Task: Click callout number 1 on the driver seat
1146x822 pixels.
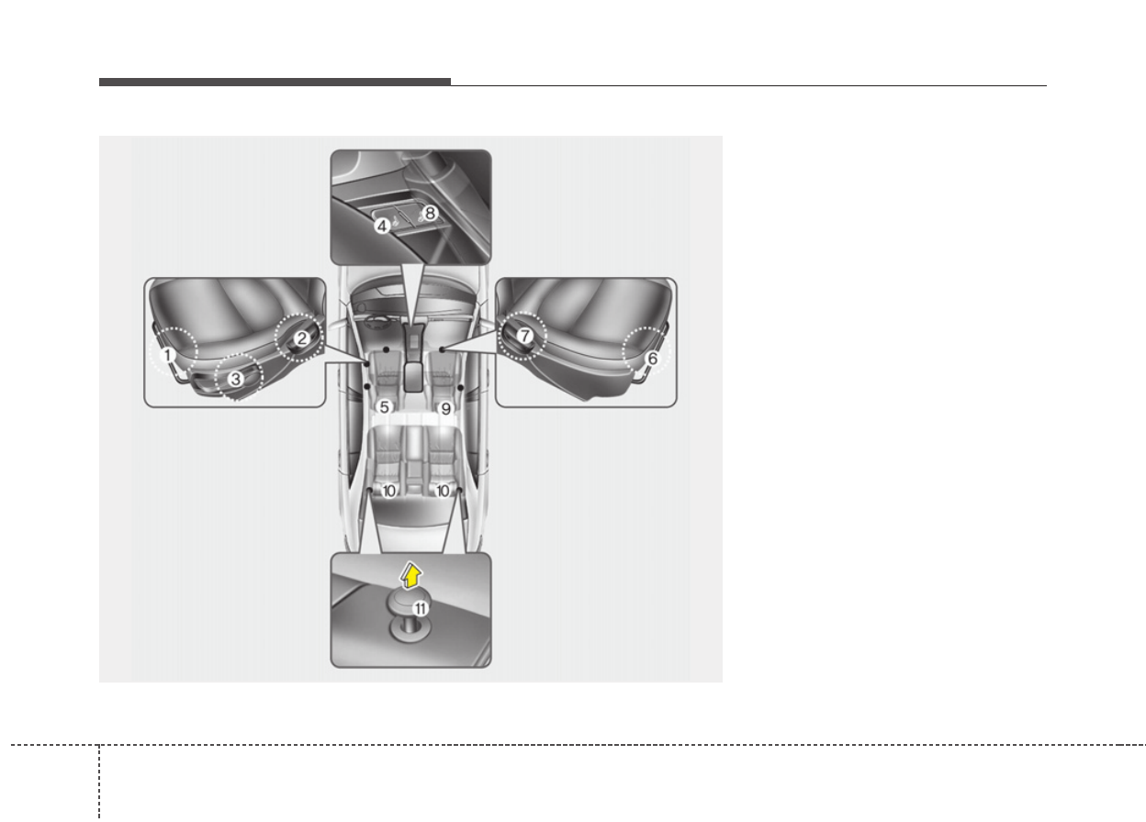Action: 167,355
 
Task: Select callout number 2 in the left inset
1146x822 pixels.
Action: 302,339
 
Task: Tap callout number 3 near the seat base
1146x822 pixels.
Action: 236,379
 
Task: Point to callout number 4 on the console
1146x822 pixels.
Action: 382,226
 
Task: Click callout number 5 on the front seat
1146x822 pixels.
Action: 384,407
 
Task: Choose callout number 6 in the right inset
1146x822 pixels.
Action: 652,359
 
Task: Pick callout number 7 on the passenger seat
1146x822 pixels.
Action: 525,336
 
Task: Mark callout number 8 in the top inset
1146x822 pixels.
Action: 430,213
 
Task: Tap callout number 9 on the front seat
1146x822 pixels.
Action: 446,408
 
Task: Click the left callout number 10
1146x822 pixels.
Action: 388,491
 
